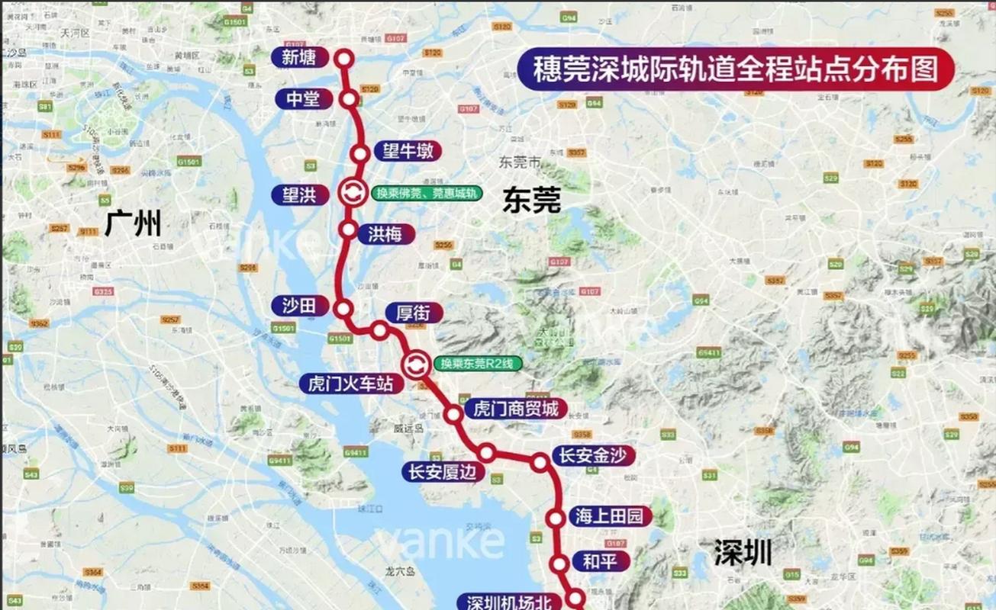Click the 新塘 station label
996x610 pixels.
[x=299, y=57]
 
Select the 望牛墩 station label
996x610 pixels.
[x=407, y=151]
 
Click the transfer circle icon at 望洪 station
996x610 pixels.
[x=353, y=193]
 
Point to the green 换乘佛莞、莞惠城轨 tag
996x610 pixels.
[x=427, y=193]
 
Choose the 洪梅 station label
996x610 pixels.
[x=385, y=233]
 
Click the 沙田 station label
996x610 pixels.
[x=299, y=305]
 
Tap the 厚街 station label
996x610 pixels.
[x=413, y=312]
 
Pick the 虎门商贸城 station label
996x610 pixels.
[x=515, y=409]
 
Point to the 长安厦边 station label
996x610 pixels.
[x=442, y=472]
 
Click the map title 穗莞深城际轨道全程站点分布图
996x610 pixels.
[x=735, y=69]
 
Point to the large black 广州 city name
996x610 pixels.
[x=134, y=224]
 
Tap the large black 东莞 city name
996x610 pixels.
[x=531, y=200]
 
